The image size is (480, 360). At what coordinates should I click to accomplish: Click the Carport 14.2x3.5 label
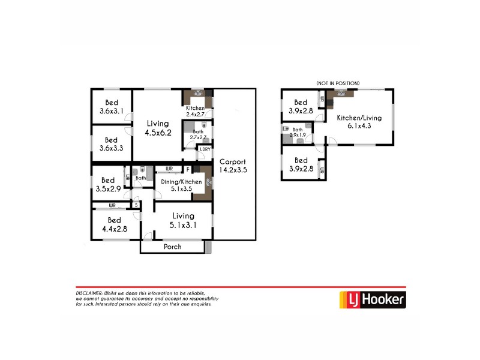tap(233, 166)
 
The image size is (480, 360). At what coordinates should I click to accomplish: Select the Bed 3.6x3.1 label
tap(111, 106)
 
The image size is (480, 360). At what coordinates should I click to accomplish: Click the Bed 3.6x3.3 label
tap(111, 144)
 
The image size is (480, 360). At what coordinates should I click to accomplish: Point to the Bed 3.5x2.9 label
tap(108, 184)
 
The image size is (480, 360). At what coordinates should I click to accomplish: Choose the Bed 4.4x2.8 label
tap(114, 224)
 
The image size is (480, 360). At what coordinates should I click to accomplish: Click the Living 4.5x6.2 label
tap(158, 128)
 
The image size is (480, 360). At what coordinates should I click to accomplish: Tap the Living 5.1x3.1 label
tap(183, 220)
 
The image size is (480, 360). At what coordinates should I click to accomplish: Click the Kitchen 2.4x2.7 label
tap(196, 111)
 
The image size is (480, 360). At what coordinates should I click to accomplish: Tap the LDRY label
tap(205, 149)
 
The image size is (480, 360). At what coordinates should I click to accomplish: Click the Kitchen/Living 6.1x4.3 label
tap(355, 122)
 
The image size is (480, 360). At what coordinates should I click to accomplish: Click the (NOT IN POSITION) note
tap(337, 83)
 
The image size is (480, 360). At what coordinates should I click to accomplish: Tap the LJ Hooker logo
tap(373, 298)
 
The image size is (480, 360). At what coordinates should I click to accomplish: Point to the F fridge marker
tap(188, 170)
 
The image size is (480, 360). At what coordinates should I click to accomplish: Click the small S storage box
tap(137, 205)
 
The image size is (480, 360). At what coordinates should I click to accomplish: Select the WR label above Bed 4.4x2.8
tap(112, 205)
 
